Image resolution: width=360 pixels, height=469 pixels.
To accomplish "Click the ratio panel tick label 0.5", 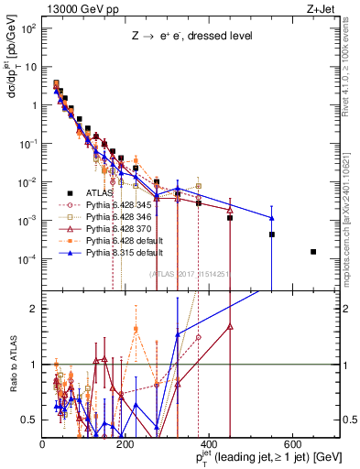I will coord(33,420).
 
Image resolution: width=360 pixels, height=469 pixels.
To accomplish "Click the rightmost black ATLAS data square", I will coord(313,252).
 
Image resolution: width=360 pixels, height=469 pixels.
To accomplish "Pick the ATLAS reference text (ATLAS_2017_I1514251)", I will coord(193,273).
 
